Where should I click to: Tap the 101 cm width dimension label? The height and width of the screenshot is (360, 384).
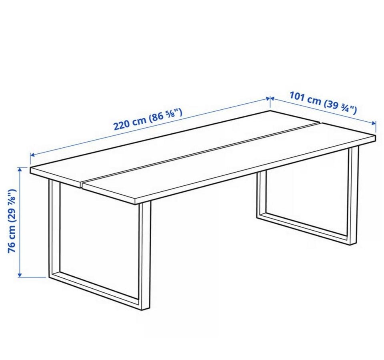323,103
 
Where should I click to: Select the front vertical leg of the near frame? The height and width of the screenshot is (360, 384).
145,255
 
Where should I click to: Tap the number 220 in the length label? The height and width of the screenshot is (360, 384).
122,125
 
